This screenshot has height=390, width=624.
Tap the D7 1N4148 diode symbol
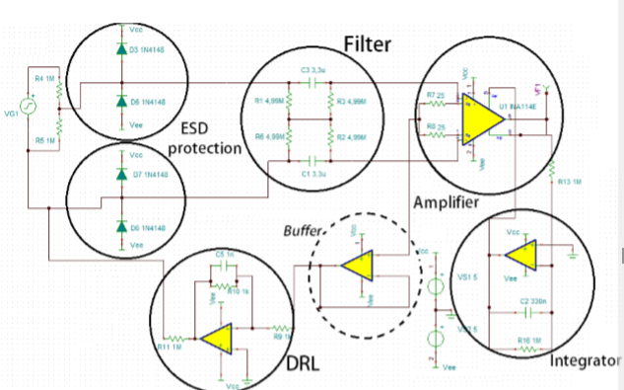(x=121, y=174)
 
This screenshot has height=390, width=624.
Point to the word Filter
(x=368, y=44)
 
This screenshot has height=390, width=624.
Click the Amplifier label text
(x=446, y=201)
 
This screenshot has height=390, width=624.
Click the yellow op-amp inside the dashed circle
(x=358, y=265)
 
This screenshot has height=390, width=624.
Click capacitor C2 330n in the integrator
(x=528, y=310)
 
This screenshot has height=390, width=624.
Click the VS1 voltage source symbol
(x=432, y=289)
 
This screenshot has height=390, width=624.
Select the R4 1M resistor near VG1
(x=59, y=90)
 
